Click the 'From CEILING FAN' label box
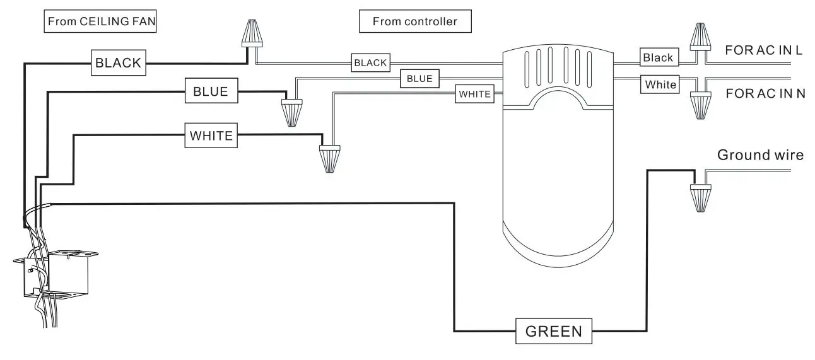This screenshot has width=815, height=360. pyautogui.click(x=101, y=21)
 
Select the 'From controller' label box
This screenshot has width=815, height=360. pyautogui.click(x=414, y=21)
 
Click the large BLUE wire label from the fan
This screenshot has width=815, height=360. pyautogui.click(x=211, y=91)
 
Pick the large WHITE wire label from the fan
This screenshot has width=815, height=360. pyautogui.click(x=211, y=135)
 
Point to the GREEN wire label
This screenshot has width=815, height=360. pyautogui.click(x=554, y=330)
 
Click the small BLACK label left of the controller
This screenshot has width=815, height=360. pyautogui.click(x=370, y=62)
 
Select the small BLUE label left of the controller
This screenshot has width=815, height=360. pyautogui.click(x=419, y=78)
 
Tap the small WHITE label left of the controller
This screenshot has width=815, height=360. pyautogui.click(x=474, y=94)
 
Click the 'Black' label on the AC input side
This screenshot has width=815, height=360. pyautogui.click(x=657, y=57)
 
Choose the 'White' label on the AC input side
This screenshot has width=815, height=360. pyautogui.click(x=660, y=84)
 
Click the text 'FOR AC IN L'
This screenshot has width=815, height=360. pyautogui.click(x=764, y=50)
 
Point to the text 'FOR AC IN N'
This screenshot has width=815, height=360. pyautogui.click(x=765, y=93)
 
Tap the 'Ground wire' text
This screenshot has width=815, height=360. pyautogui.click(x=760, y=155)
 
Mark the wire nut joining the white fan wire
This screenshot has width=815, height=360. pyautogui.click(x=329, y=158)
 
